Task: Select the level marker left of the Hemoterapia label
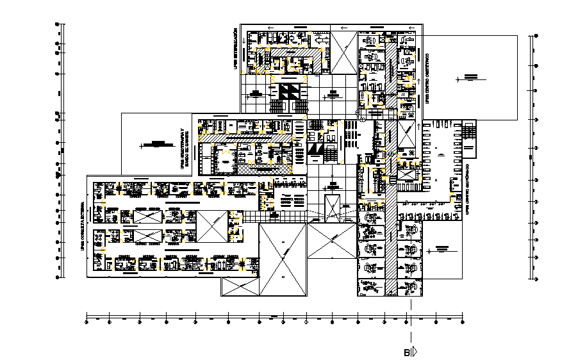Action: [153, 144]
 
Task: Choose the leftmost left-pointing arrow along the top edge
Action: [270, 28]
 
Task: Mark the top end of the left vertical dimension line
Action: [58, 24]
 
